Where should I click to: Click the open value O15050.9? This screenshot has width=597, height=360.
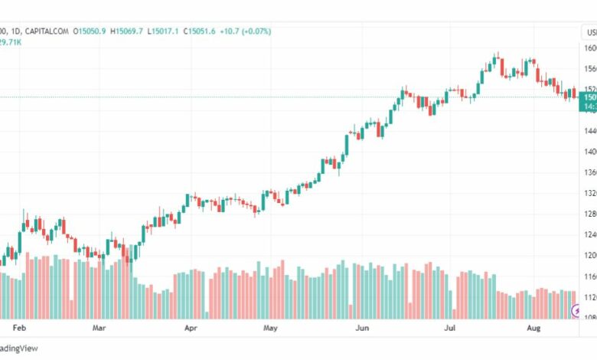tap(90, 31)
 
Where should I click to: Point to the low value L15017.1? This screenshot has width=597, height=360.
tap(165, 31)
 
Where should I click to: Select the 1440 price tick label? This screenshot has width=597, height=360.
tap(589, 131)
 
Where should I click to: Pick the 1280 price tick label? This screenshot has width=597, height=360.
tap(589, 214)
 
